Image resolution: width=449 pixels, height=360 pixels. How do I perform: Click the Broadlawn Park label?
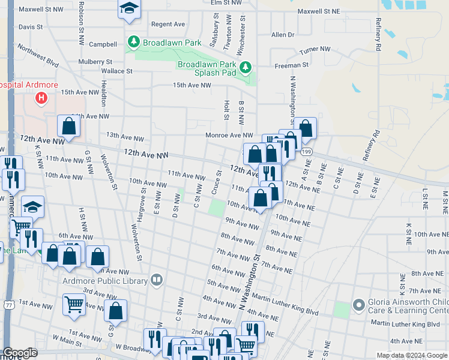coord(172,43)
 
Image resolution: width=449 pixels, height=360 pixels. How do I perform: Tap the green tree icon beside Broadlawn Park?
coord(133,42)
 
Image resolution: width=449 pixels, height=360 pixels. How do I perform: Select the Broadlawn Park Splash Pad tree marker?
coord(244,66)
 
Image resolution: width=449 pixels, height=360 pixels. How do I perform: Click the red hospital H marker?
coord(41,98)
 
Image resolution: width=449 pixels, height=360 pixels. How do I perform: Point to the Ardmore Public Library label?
coord(105,280)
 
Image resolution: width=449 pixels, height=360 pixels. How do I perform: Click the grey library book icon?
coord(157,279)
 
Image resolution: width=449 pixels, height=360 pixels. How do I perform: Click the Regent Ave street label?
coord(168,24)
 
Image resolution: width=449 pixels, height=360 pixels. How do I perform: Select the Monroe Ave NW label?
coord(229,136)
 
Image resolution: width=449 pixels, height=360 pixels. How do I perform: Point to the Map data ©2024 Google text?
coord(411,355)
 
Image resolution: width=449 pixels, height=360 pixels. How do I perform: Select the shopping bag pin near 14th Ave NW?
coord(69,127)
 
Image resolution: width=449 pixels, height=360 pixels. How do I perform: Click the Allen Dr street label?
coord(283,35)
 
